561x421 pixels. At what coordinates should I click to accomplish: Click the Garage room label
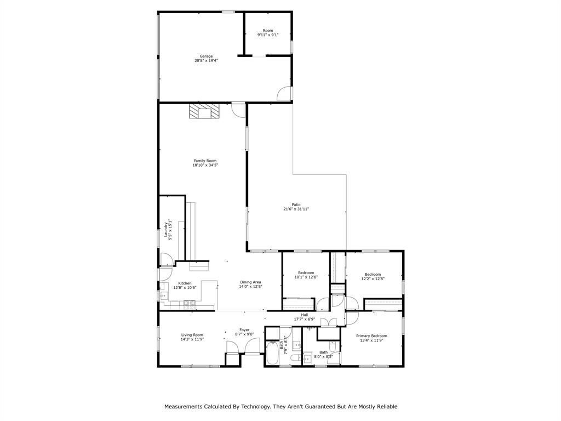click(206, 56)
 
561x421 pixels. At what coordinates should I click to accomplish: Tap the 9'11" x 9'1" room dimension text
click(267, 35)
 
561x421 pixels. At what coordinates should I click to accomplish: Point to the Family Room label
click(205, 161)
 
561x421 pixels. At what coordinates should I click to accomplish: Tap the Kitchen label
click(185, 283)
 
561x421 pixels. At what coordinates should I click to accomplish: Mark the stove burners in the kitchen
click(189, 303)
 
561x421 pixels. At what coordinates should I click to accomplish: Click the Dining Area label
click(250, 282)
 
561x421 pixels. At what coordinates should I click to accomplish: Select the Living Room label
click(192, 335)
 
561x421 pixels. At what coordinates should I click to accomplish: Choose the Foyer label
click(244, 330)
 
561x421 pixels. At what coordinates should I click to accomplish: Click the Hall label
click(304, 315)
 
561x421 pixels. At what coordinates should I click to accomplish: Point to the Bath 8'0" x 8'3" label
click(324, 352)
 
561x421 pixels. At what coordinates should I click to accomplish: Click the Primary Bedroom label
click(371, 336)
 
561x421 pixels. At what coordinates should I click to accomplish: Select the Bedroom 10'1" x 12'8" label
click(306, 273)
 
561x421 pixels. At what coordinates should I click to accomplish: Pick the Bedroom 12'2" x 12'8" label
click(373, 274)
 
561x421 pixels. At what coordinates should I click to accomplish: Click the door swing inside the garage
click(284, 94)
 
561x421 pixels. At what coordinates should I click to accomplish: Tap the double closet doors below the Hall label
click(328, 323)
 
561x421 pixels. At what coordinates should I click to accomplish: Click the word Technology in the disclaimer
click(255, 407)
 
